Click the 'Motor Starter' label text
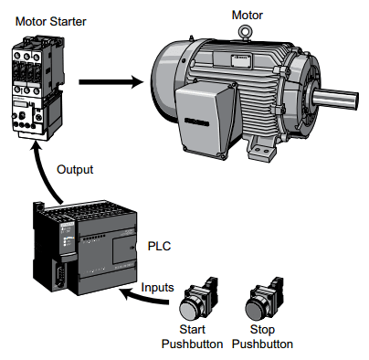click(x=45, y=19)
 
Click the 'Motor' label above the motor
click(x=248, y=15)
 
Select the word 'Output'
click(x=75, y=170)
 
